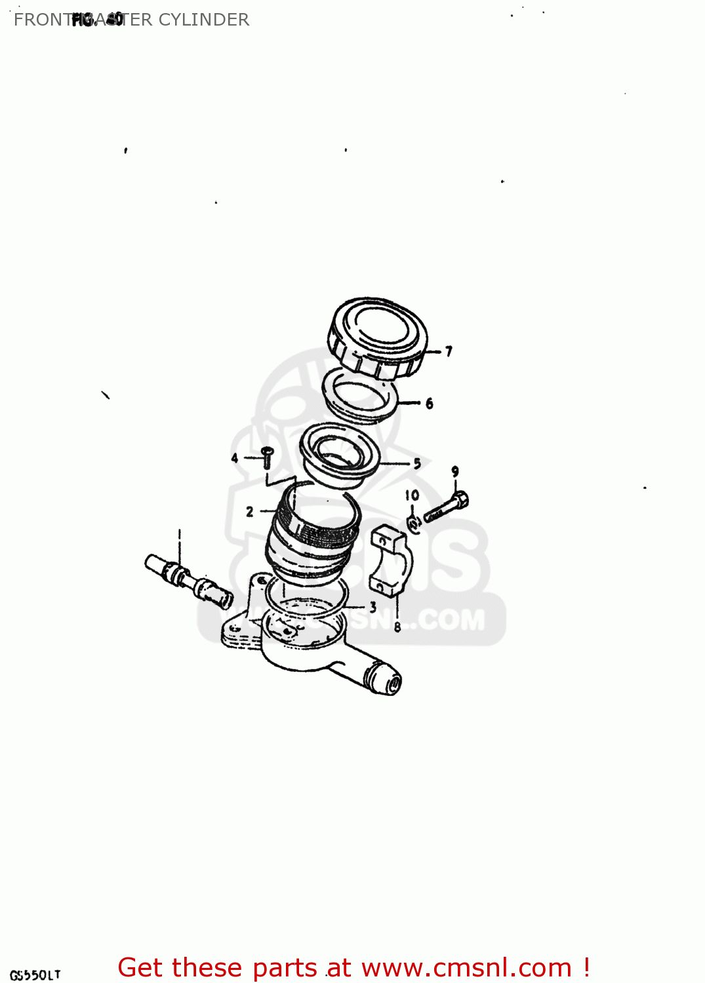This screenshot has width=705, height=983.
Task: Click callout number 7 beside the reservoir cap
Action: click(x=449, y=352)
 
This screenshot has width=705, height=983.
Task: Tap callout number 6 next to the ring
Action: click(x=429, y=404)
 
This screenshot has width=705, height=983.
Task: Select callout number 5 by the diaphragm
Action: click(x=417, y=464)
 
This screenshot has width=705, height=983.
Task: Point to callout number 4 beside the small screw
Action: click(x=235, y=458)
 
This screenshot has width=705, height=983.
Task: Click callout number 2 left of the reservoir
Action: click(x=250, y=511)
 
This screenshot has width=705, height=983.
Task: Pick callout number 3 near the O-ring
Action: click(x=373, y=607)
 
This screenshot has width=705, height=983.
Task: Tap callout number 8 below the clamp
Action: click(x=397, y=627)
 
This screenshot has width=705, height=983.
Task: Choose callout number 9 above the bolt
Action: click(x=455, y=471)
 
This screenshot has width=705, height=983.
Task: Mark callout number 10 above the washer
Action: click(x=412, y=495)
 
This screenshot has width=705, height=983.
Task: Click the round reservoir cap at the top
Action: click(x=378, y=337)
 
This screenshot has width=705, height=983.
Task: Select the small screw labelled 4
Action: click(x=267, y=456)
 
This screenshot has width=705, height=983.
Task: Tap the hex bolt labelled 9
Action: click(x=447, y=508)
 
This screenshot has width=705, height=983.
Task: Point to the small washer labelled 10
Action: click(x=414, y=523)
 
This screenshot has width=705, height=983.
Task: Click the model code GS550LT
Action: click(x=35, y=974)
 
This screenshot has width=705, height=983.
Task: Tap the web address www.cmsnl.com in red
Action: click(x=466, y=967)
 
